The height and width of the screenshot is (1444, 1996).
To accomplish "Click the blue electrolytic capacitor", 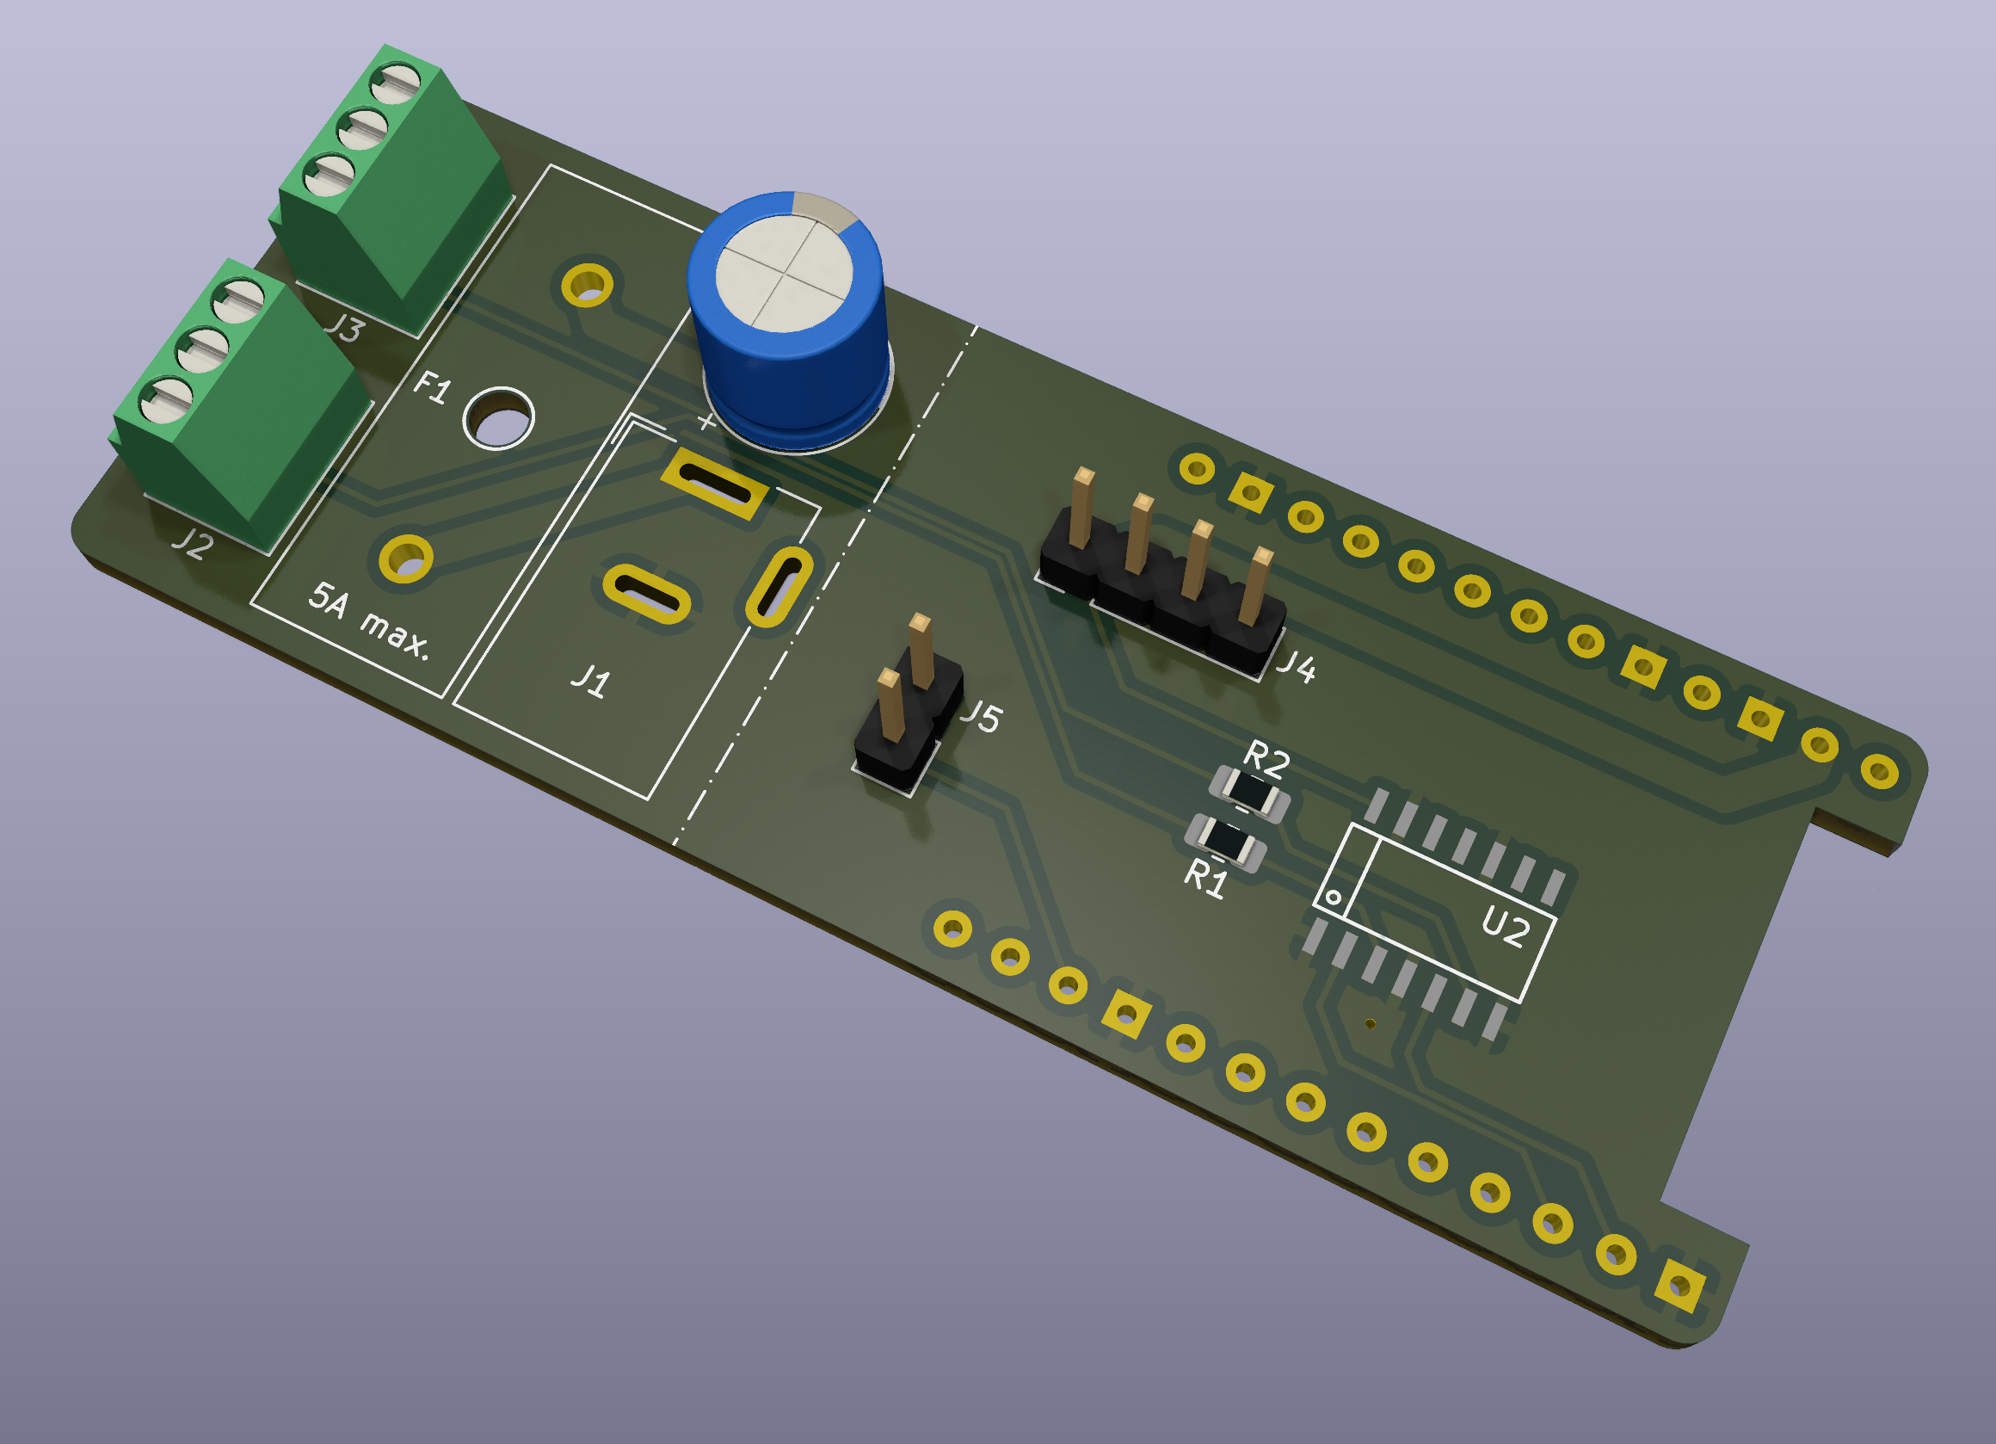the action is point(790,321).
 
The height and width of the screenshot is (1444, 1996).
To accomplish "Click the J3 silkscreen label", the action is point(344,328).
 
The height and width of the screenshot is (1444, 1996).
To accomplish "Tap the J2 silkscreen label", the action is point(192,543).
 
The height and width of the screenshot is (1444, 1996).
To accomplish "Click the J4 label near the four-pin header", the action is point(1297,667).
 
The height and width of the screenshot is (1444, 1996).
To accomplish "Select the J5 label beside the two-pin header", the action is point(982,717).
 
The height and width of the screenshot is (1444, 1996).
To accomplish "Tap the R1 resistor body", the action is point(1225,842).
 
